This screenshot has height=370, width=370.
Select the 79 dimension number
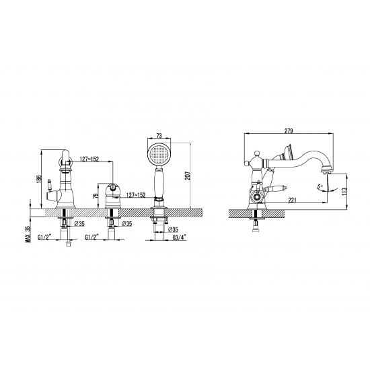(96, 196)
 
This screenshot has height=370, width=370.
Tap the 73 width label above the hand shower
(159, 136)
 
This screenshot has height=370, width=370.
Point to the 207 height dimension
(188, 176)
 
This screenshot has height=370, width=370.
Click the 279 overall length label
(289, 131)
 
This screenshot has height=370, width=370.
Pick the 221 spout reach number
(292, 200)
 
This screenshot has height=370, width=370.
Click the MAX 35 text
(28, 233)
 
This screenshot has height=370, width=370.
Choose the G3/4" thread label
(180, 237)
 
